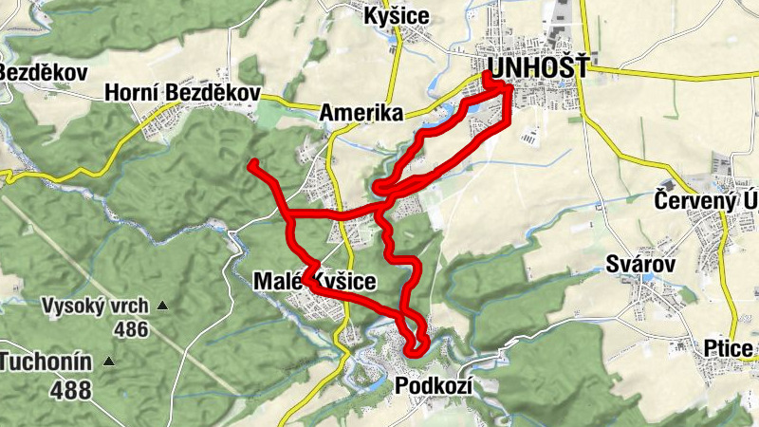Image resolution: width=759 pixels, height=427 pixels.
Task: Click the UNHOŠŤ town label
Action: [x=535, y=68]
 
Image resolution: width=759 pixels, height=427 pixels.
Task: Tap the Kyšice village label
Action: [x=397, y=16]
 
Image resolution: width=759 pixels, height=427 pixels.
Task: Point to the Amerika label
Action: [x=361, y=113]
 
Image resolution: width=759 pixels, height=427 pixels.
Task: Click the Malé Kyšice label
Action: [x=315, y=281]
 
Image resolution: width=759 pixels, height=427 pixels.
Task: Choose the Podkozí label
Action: [x=432, y=385]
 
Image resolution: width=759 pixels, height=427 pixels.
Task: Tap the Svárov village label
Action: [x=639, y=265]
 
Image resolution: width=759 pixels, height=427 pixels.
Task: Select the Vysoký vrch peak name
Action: [x=95, y=306]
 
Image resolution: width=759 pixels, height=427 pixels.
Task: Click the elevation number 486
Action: [x=130, y=329]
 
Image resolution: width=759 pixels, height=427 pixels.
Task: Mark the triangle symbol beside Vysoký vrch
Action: [x=162, y=306]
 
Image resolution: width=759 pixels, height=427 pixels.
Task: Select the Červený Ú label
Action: [x=706, y=200]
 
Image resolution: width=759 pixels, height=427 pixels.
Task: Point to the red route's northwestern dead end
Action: [x=252, y=165]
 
